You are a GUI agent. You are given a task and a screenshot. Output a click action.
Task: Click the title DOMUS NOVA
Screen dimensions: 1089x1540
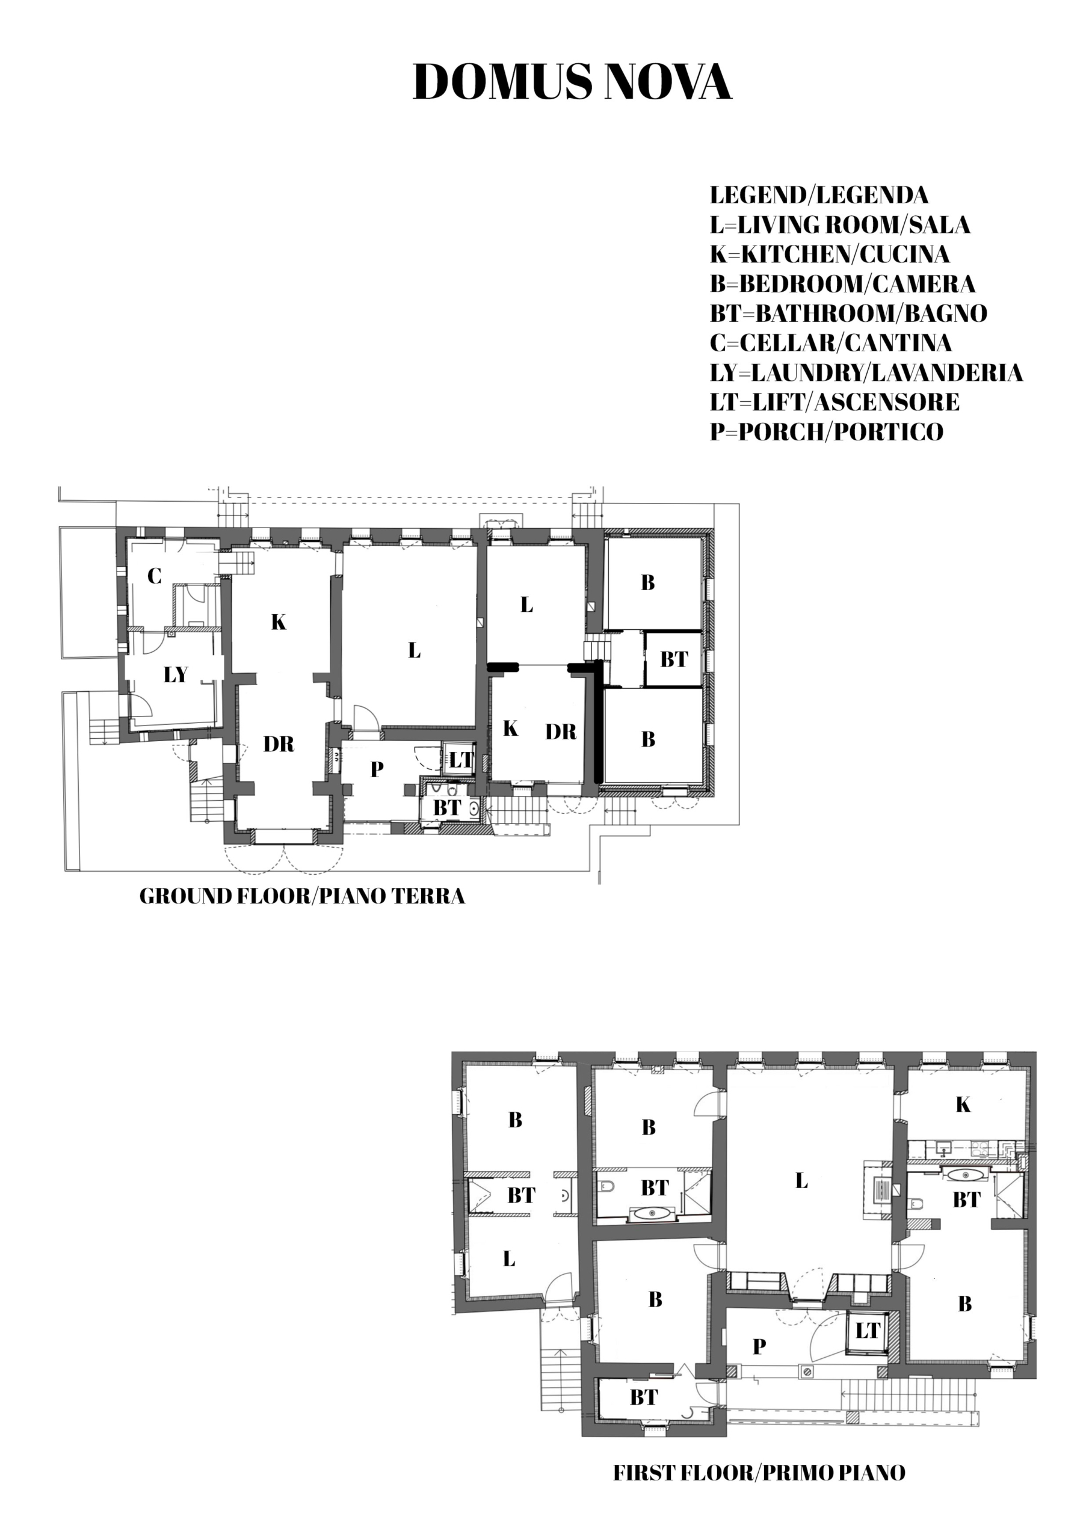pyautogui.click(x=572, y=82)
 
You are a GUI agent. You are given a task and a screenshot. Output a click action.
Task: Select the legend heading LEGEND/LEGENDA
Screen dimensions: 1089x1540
pyautogui.click(x=819, y=195)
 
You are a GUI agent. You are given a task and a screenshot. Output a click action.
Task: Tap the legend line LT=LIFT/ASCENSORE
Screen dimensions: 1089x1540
pyautogui.click(x=834, y=402)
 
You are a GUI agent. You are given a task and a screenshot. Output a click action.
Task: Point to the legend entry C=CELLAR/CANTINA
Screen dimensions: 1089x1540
pyautogui.click(x=831, y=343)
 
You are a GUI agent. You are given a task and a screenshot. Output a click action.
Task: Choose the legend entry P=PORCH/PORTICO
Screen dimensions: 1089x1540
pyautogui.click(x=827, y=431)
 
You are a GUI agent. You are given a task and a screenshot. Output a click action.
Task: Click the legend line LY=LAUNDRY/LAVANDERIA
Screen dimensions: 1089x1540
pyautogui.click(x=866, y=372)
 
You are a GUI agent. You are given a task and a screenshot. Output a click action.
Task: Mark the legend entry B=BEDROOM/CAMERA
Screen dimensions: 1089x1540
pyautogui.click(x=843, y=284)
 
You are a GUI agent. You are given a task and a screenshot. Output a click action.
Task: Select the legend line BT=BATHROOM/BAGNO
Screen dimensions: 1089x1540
pyautogui.click(x=849, y=313)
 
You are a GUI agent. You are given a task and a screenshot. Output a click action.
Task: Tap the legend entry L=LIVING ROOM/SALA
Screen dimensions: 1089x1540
pyautogui.click(x=840, y=225)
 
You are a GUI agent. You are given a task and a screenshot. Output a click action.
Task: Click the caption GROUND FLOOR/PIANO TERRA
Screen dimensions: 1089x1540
pyautogui.click(x=302, y=896)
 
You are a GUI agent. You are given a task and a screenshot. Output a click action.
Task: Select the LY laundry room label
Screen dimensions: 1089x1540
pyautogui.click(x=176, y=674)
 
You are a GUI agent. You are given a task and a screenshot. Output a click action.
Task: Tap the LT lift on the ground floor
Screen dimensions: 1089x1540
pyautogui.click(x=461, y=760)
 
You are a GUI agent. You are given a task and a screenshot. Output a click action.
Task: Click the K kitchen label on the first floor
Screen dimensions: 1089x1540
pyautogui.click(x=963, y=1104)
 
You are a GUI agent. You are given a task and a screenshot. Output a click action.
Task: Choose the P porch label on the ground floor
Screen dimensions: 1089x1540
pyautogui.click(x=377, y=769)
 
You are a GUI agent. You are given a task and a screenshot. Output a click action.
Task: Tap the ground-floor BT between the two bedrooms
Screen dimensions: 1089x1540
pyautogui.click(x=674, y=659)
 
